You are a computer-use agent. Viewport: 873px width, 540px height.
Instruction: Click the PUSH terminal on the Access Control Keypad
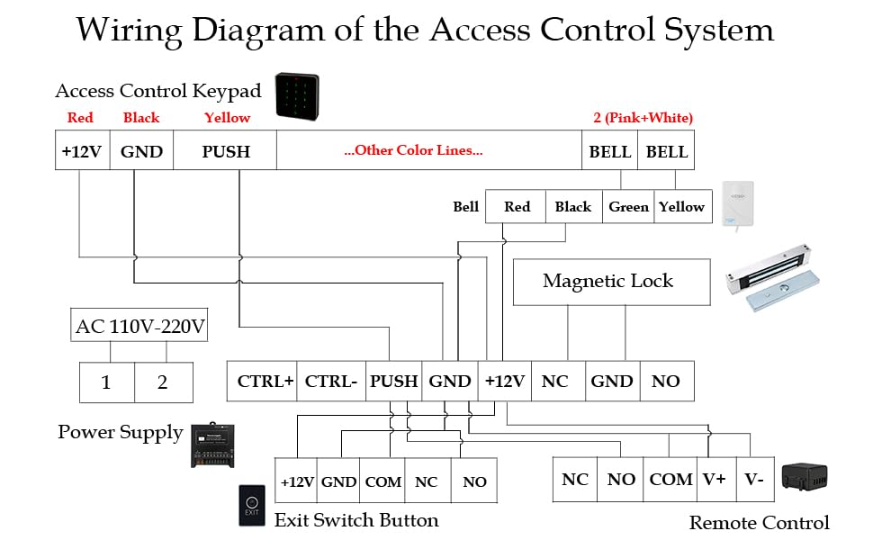pyautogui.click(x=225, y=151)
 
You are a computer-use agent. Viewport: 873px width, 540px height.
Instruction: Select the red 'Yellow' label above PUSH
pyautogui.click(x=227, y=118)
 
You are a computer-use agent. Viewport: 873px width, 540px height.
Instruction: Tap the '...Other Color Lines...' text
pyautogui.click(x=413, y=150)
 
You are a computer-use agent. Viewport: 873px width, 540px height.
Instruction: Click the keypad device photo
pyautogui.click(x=297, y=96)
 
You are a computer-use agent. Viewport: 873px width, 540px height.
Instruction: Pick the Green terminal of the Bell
pyautogui.click(x=628, y=207)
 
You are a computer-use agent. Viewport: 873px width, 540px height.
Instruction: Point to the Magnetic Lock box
pyautogui.click(x=607, y=282)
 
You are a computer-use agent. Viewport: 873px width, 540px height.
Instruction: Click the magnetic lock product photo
pyautogui.click(x=773, y=282)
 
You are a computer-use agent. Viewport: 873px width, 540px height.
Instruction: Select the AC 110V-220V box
pyautogui.click(x=140, y=326)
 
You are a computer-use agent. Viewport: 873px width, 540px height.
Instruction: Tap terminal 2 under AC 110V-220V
pyautogui.click(x=163, y=382)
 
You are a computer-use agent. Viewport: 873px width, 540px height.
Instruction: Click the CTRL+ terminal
pyautogui.click(x=265, y=382)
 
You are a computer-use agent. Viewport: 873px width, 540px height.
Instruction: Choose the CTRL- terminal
pyautogui.click(x=331, y=382)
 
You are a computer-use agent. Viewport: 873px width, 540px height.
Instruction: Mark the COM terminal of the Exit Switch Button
pyautogui.click(x=382, y=482)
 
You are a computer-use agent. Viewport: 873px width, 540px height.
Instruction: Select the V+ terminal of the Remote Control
pyautogui.click(x=715, y=480)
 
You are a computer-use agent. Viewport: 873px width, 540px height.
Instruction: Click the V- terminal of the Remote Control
pyautogui.click(x=754, y=480)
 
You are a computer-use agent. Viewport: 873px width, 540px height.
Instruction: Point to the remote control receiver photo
pyautogui.click(x=803, y=478)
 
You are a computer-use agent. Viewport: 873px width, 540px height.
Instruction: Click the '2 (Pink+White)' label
pyautogui.click(x=643, y=118)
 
